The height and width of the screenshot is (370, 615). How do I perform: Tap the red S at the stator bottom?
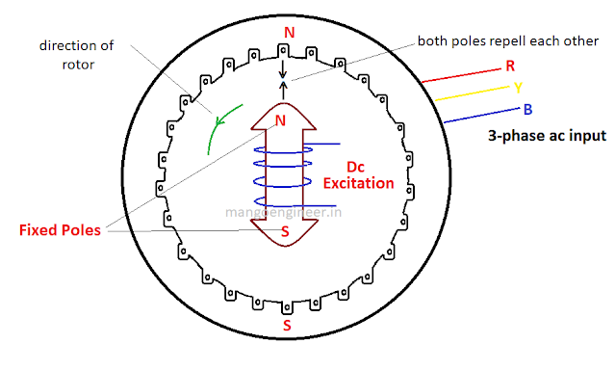[x=287, y=325]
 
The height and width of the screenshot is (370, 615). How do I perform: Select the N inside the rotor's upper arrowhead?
[x=281, y=121]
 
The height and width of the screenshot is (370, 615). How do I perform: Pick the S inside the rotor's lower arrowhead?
[x=284, y=232]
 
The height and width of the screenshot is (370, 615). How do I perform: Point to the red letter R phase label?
[x=509, y=66]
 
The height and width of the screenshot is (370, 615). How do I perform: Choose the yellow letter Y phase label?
[x=517, y=87]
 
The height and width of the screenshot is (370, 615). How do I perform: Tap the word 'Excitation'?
[x=357, y=182]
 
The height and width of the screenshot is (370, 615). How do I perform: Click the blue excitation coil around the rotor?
[x=284, y=178]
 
